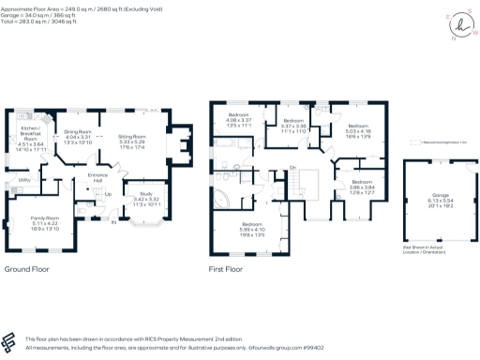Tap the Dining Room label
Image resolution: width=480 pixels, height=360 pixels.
click(77, 133)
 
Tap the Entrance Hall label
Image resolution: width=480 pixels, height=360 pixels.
click(97, 177)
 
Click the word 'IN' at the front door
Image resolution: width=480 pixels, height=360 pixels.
click(113, 222)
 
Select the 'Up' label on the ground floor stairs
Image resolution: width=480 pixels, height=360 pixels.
click(108, 195)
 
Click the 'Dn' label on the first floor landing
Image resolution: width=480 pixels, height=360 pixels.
click(292, 168)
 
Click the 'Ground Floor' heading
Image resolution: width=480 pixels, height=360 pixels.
click(26, 269)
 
